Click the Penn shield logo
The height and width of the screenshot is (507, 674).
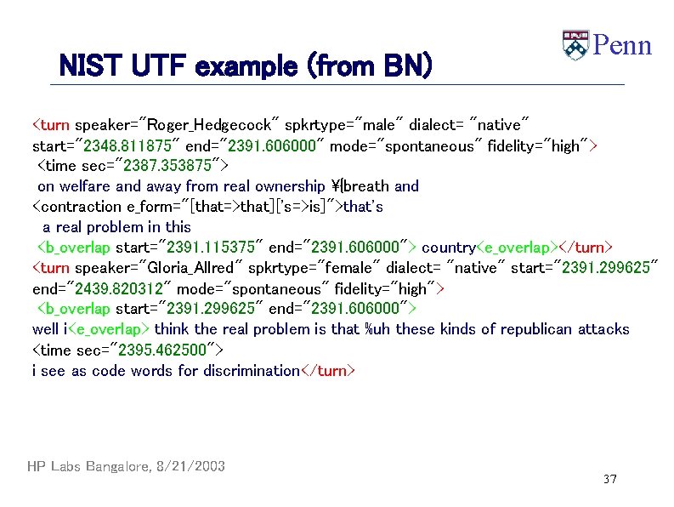(x=575, y=45)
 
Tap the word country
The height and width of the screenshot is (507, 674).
(x=449, y=248)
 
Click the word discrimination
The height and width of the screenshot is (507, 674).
(x=251, y=370)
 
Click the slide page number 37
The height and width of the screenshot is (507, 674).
(x=609, y=480)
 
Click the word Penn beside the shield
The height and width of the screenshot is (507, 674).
(x=622, y=45)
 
